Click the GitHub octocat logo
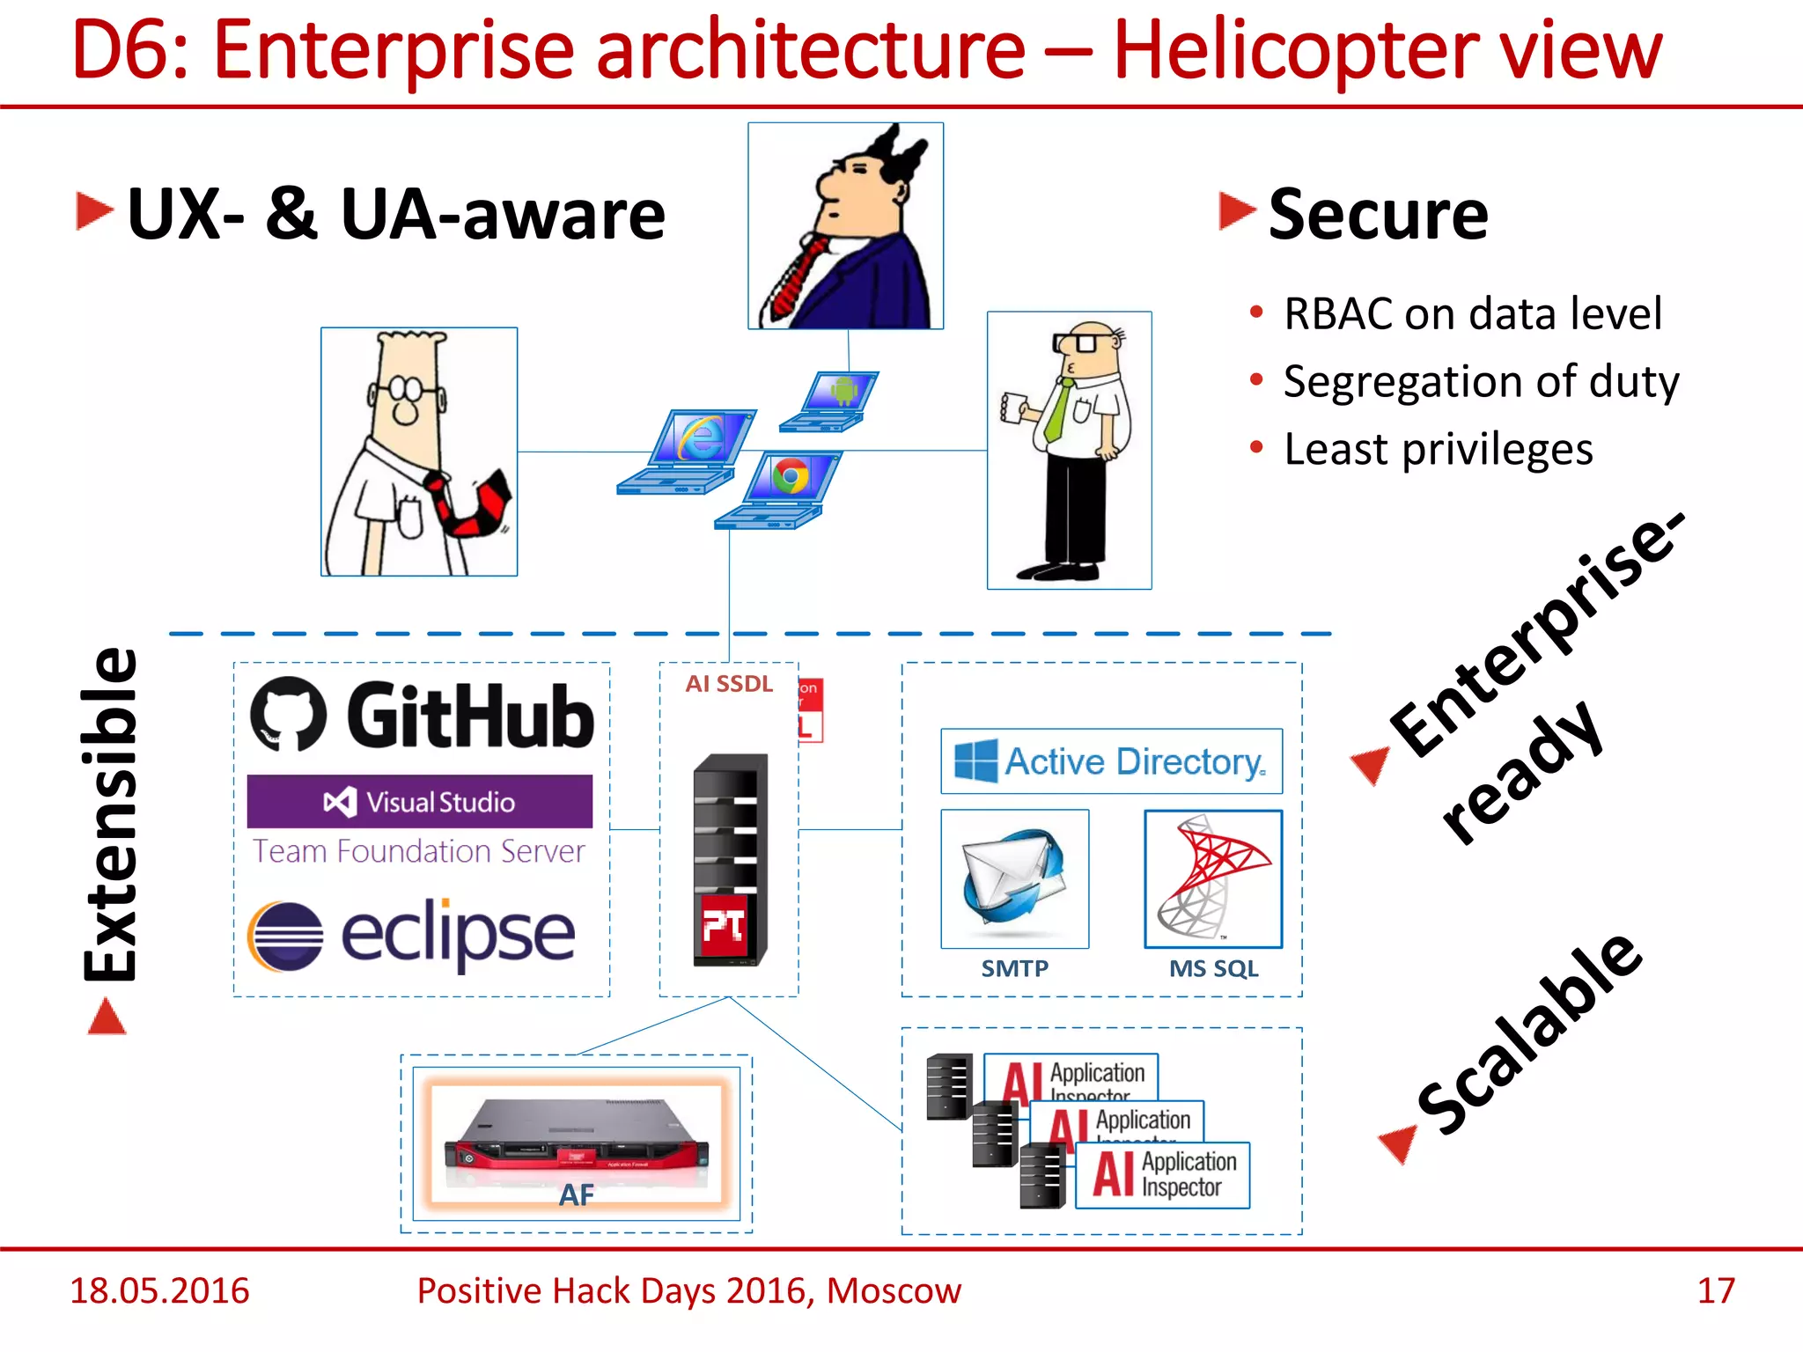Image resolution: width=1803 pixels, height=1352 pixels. [x=288, y=714]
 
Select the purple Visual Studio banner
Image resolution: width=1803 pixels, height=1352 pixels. [x=419, y=801]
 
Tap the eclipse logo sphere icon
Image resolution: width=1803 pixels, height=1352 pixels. [x=285, y=937]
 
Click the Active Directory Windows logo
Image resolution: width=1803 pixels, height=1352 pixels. [x=975, y=761]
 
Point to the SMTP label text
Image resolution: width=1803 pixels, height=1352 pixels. [x=1014, y=968]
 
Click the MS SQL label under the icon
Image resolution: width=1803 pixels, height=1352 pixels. [x=1213, y=968]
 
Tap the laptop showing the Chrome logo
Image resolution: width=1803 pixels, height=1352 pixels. [x=779, y=489]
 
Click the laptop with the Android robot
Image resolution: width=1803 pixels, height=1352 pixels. [x=830, y=400]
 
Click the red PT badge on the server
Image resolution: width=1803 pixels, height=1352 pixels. [x=723, y=925]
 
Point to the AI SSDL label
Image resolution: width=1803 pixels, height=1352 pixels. [x=729, y=684]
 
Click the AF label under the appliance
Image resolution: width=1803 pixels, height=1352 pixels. [x=577, y=1194]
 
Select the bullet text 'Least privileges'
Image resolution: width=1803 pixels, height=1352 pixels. [x=1438, y=449]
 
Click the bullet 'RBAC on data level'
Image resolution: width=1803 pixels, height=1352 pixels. [x=1472, y=313]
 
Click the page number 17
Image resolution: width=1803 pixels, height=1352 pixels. [x=1715, y=1290]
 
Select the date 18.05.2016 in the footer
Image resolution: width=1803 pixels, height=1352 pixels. [x=159, y=1290]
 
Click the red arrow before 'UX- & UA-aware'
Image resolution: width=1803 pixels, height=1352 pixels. [x=94, y=211]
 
